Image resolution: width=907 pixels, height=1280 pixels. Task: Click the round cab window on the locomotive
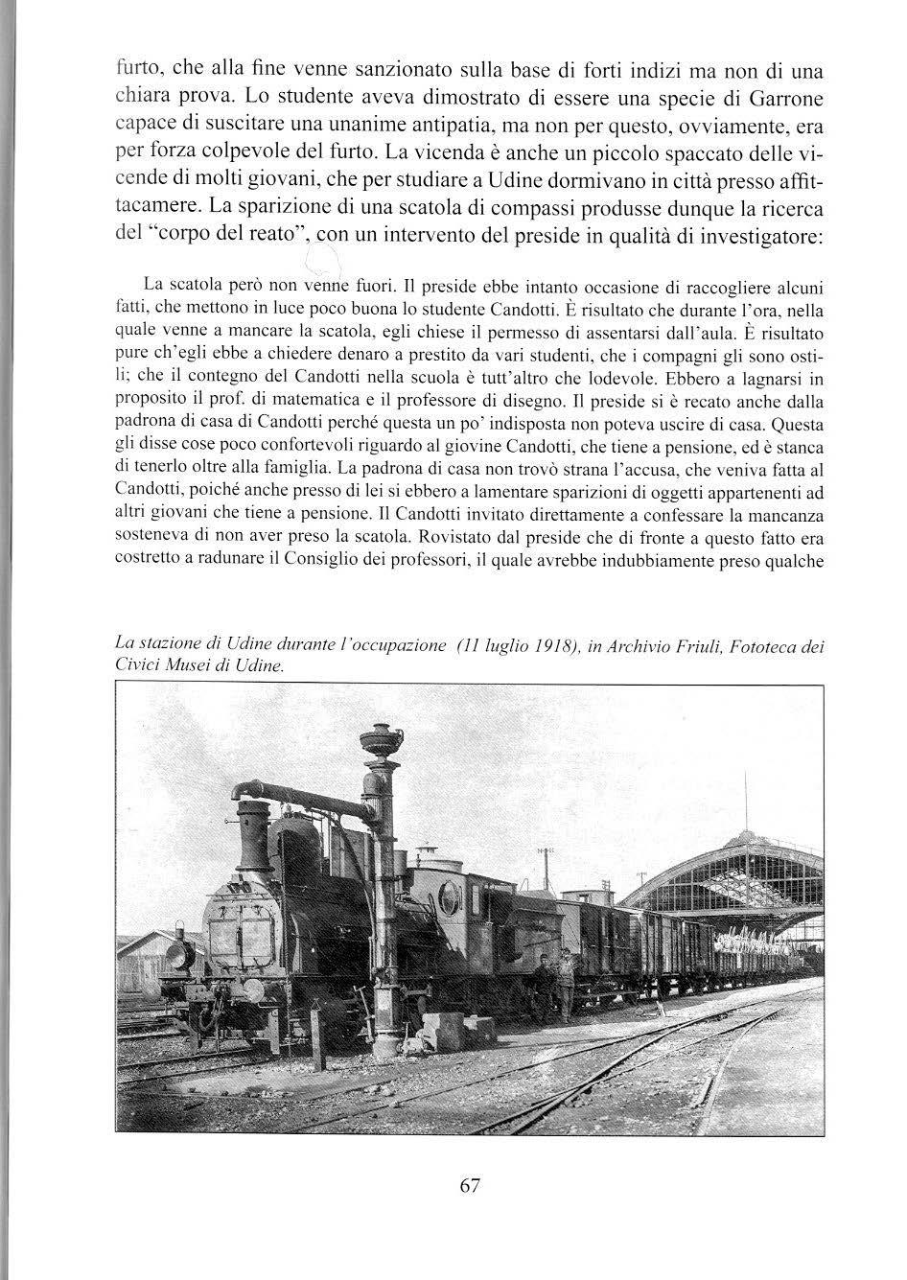(x=448, y=896)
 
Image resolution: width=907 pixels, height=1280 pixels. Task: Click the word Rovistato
(x=398, y=540)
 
